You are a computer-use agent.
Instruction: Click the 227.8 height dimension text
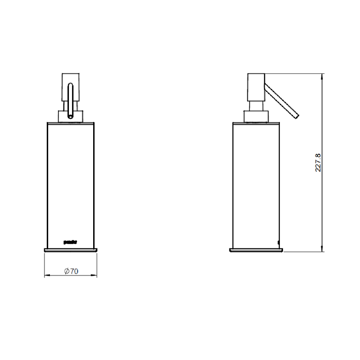(x=318, y=162)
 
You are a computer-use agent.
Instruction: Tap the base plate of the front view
(x=71, y=249)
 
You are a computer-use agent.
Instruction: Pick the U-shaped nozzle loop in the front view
(x=71, y=101)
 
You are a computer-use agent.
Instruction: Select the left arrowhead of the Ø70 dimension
(x=47, y=275)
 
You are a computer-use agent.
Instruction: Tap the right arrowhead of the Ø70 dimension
(x=95, y=275)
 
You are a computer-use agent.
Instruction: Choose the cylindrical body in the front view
(x=71, y=180)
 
